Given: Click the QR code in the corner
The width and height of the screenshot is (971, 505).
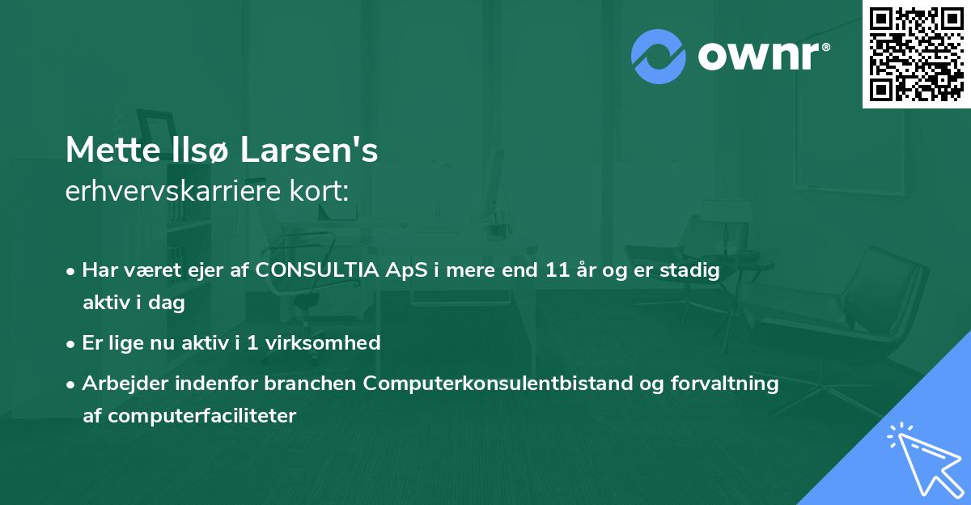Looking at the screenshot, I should (x=916, y=54).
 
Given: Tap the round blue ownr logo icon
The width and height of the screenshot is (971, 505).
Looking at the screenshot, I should (x=659, y=56).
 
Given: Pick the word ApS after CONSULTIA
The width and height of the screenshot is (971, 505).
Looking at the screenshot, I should (x=402, y=270).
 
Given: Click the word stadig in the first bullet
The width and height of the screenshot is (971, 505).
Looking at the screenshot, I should (x=693, y=270).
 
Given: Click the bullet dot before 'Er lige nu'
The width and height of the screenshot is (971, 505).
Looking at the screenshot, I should (x=72, y=343).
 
